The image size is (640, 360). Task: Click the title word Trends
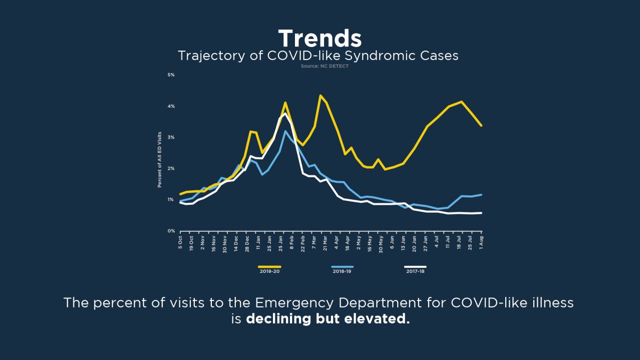pos(319,39)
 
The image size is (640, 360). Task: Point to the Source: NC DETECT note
pos(325,66)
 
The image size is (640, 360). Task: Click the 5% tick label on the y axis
pos(171,75)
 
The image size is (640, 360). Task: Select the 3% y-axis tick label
pos(171,137)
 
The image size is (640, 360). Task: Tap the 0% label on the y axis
pos(171,231)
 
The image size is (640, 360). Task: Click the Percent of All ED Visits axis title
pos(160,160)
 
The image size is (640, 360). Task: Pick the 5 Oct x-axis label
pos(180,242)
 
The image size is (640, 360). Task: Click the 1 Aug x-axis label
pos(482,241)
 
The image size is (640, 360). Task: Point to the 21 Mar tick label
pos(326,242)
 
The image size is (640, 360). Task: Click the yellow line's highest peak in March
pos(321,95)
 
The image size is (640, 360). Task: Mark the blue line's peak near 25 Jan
pos(285,131)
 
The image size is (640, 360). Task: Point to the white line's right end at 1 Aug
pos(481,213)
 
